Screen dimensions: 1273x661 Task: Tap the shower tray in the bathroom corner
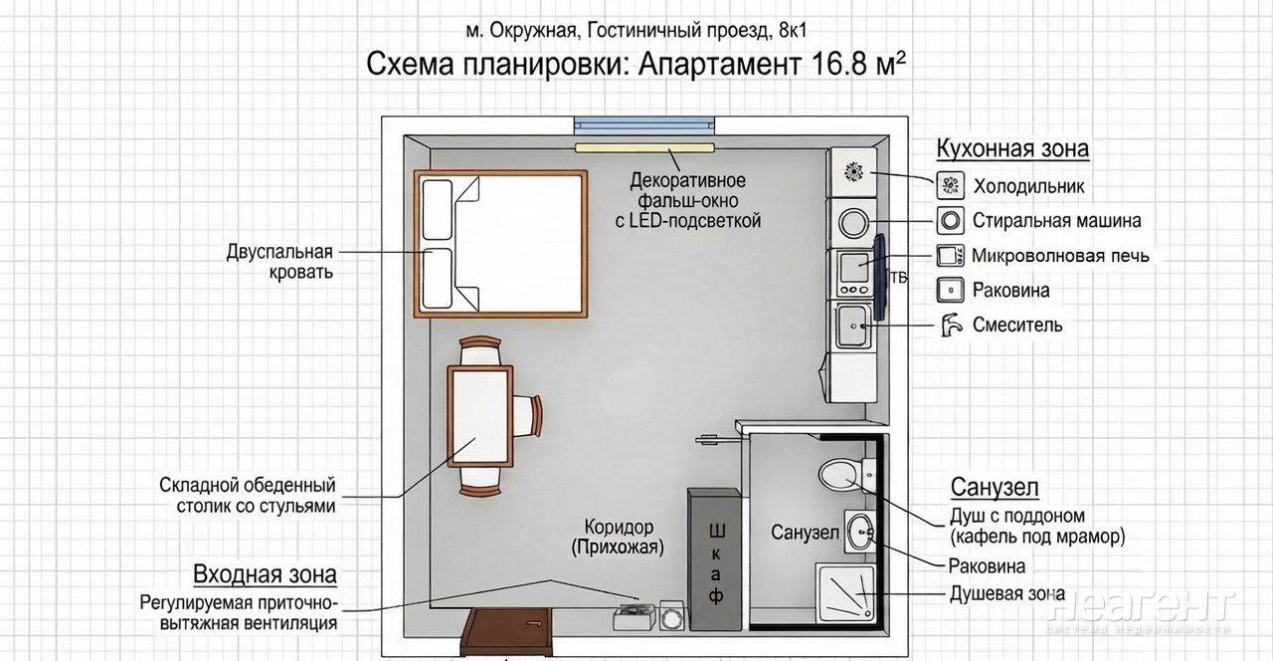tap(845, 592)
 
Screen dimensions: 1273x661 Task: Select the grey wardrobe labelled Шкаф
tap(715, 559)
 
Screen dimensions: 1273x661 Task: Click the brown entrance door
tap(507, 630)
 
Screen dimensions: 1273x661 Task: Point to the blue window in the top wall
tap(644, 125)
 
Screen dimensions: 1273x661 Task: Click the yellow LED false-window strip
tap(644, 148)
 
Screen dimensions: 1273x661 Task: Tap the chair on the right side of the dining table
tap(527, 416)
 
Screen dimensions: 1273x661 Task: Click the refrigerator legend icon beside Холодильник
tap(950, 185)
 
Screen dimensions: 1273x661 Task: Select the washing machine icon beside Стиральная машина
tap(950, 220)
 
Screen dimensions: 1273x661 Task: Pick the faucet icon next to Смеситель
tap(950, 325)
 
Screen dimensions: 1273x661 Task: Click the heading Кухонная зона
tap(1012, 148)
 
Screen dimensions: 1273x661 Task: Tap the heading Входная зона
tap(265, 574)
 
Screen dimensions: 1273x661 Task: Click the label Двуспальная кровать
tap(279, 262)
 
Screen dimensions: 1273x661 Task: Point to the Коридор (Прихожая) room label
tap(618, 537)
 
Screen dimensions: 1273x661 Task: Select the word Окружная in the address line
tap(533, 31)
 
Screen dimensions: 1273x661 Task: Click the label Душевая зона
tap(1007, 594)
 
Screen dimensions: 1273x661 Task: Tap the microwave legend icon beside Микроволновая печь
tap(950, 256)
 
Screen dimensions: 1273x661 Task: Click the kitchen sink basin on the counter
tap(853, 327)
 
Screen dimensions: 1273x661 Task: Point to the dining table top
tap(480, 416)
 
